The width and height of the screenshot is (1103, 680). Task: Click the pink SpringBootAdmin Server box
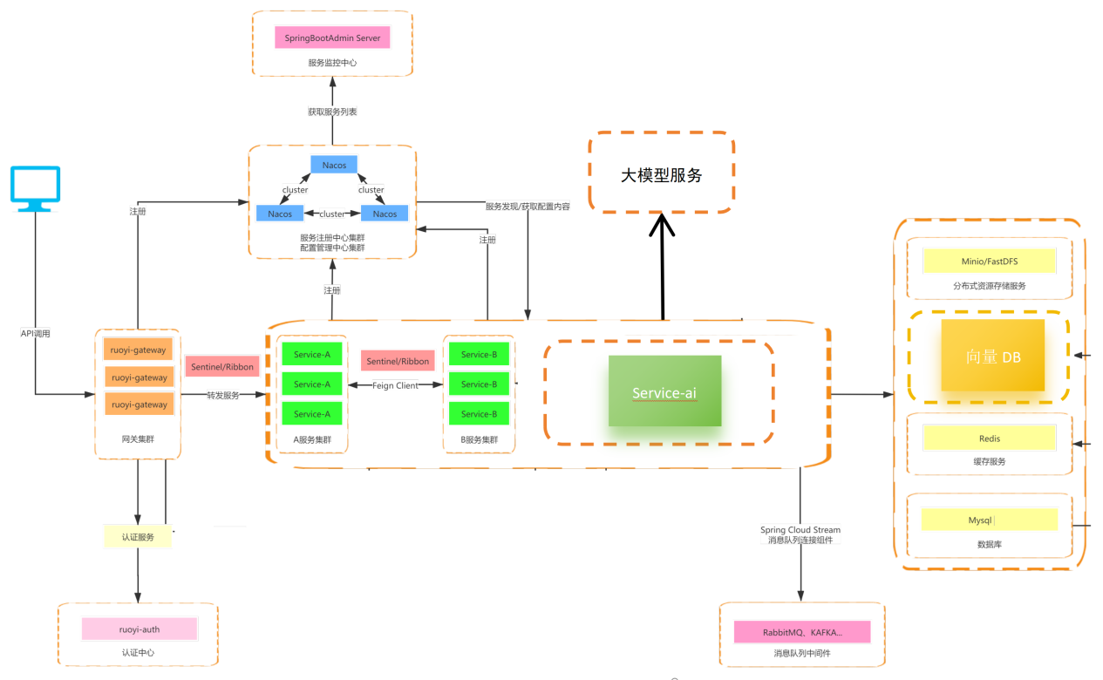click(332, 38)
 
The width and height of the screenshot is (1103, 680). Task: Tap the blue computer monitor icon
click(36, 188)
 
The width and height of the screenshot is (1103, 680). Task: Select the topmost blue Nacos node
click(334, 165)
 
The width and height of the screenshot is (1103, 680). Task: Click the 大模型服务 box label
click(661, 174)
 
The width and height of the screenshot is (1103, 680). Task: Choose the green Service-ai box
click(664, 391)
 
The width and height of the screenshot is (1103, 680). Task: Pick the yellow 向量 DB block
click(992, 355)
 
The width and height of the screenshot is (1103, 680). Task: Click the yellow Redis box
click(989, 438)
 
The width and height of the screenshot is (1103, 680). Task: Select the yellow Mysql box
click(989, 520)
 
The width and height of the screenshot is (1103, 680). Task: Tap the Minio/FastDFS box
click(989, 261)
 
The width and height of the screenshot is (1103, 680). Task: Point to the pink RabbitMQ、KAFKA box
click(801, 632)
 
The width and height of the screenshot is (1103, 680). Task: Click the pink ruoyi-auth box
click(140, 629)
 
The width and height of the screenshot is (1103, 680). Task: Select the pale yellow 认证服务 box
click(138, 537)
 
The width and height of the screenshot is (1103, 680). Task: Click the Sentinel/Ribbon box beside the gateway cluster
click(222, 367)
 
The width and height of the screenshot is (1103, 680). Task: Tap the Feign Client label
click(395, 385)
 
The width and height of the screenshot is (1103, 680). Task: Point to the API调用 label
click(36, 333)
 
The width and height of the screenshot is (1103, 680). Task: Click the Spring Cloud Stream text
click(800, 530)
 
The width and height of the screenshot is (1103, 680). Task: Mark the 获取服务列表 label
click(332, 112)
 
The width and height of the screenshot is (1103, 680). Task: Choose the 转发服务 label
click(222, 395)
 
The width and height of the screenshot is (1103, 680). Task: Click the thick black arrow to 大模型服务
click(662, 270)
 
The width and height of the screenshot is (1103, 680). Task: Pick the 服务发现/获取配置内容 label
click(528, 207)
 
